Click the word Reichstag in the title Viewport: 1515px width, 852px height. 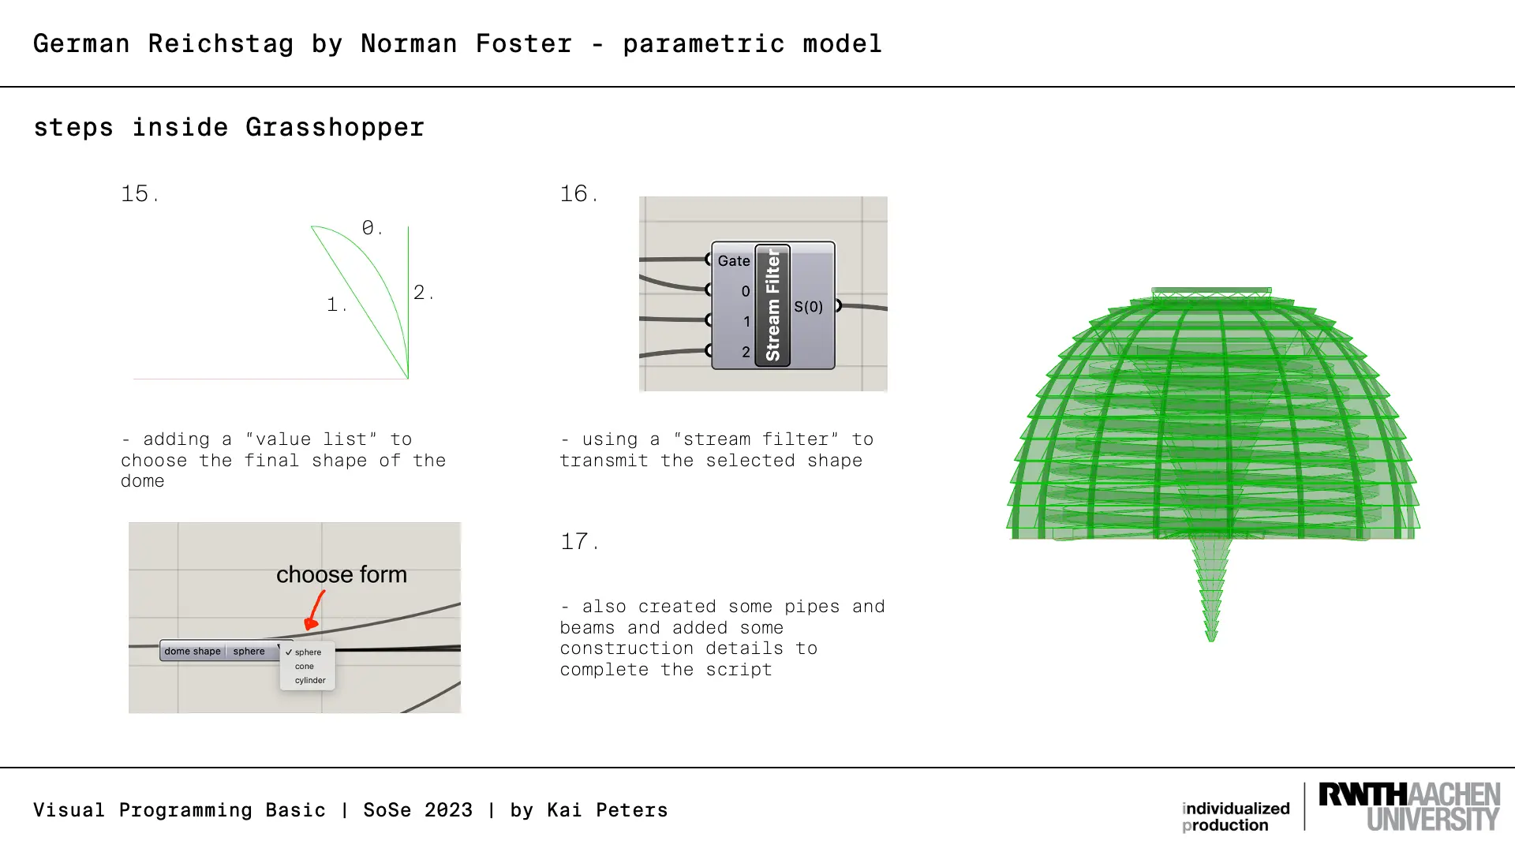point(220,44)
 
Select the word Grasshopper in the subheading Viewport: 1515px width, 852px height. point(335,128)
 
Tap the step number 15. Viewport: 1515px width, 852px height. point(140,194)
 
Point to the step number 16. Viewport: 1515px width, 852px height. point(579,194)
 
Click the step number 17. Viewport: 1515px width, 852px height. point(579,542)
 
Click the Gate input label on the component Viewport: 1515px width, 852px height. point(734,261)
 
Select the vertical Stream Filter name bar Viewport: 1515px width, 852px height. point(772,305)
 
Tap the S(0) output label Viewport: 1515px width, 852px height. point(809,307)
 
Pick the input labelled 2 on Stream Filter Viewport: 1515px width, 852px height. point(746,352)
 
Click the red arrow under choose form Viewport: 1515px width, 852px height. point(315,610)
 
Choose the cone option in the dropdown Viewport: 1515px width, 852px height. point(305,667)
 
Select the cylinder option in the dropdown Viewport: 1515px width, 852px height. point(310,680)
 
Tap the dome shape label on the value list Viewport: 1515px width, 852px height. point(193,652)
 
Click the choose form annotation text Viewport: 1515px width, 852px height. point(342,574)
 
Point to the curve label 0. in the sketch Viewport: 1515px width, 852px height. point(372,228)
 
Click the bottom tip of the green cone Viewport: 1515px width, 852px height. point(1211,641)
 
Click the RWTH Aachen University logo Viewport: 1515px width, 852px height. point(1409,806)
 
